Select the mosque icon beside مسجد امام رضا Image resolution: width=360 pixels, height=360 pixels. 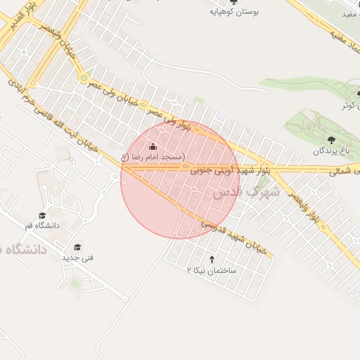[x=153, y=146]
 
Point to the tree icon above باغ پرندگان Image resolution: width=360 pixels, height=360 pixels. [x=331, y=140]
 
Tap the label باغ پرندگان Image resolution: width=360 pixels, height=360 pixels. [x=331, y=150]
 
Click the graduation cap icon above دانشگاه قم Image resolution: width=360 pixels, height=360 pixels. [x=42, y=215]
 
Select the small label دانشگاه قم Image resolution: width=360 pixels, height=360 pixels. [x=42, y=226]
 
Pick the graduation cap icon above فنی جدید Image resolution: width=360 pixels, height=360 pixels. [x=77, y=247]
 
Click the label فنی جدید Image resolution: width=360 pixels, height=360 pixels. [x=77, y=257]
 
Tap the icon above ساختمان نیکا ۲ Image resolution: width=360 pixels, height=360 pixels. [x=212, y=259]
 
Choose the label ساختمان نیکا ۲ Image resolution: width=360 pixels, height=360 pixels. [x=212, y=270]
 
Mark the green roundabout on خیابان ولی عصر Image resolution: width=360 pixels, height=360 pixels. [x=84, y=77]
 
